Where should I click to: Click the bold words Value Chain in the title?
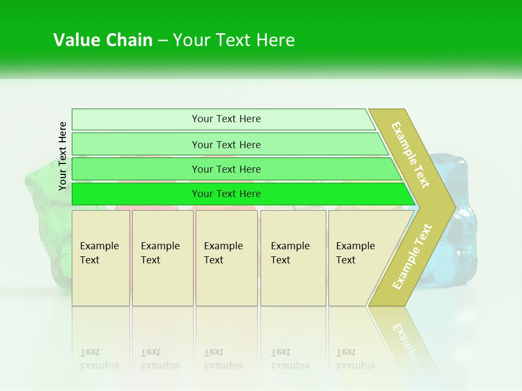[x=103, y=40]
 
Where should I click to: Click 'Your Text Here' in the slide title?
[x=234, y=40]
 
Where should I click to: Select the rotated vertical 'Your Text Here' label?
[x=63, y=156]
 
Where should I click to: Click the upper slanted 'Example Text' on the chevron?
[x=411, y=155]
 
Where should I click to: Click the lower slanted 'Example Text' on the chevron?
[x=412, y=256]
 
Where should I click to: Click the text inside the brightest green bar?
[x=226, y=194]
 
